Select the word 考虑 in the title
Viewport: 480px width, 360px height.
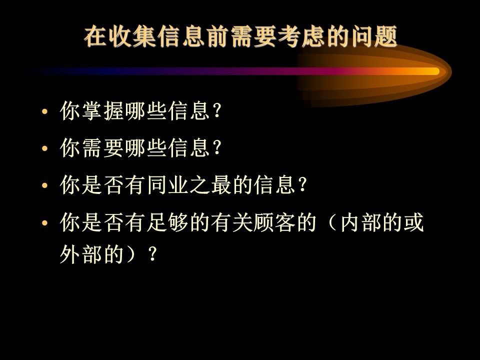coord(301,36)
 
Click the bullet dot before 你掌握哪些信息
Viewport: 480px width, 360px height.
coord(44,111)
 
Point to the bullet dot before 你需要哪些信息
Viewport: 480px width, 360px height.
coord(44,148)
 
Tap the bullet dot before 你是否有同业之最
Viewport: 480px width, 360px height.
coord(44,185)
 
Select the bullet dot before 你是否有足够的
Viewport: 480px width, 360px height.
coord(44,223)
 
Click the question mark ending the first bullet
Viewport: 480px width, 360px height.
coord(216,110)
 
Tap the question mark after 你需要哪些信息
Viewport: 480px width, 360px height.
coord(216,148)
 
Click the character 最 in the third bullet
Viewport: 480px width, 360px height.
coord(221,185)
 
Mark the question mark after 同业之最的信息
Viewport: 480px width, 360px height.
coord(302,185)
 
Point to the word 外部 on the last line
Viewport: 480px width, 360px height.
coord(81,254)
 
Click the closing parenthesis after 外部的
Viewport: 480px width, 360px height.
coord(130,254)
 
